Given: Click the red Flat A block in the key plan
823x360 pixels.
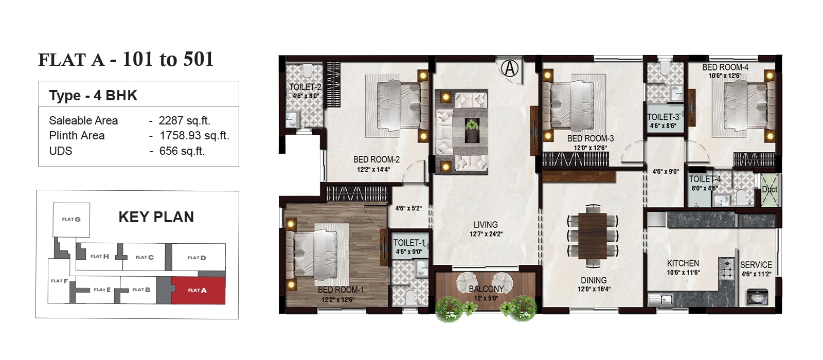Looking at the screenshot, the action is [199, 290].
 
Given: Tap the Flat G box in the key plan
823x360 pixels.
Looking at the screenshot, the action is [71, 220].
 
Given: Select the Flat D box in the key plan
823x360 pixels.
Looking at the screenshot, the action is [199, 257].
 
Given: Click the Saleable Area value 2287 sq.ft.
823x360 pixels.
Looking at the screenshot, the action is [184, 120].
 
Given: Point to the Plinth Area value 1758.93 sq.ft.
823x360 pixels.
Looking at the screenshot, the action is [194, 136].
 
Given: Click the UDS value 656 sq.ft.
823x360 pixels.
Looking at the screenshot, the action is [182, 151].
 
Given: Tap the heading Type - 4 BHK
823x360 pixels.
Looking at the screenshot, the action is [93, 96].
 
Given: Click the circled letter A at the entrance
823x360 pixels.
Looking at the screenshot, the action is [510, 68].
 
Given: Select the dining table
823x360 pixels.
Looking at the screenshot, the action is [593, 236].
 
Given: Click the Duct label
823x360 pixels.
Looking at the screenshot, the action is [770, 190].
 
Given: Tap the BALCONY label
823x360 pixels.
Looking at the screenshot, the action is [486, 289].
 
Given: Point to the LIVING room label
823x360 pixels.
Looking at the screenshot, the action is [486, 224].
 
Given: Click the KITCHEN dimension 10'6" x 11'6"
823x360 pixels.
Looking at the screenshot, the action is [684, 273].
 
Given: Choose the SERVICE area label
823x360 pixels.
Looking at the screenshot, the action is [756, 265].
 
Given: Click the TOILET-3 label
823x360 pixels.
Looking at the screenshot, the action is [663, 117].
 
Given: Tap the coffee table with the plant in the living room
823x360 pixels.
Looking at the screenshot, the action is [472, 130].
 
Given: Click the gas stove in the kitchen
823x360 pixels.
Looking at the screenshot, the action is [726, 269].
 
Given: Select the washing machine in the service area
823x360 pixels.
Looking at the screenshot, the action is [758, 297].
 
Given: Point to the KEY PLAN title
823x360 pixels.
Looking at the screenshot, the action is [156, 217].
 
